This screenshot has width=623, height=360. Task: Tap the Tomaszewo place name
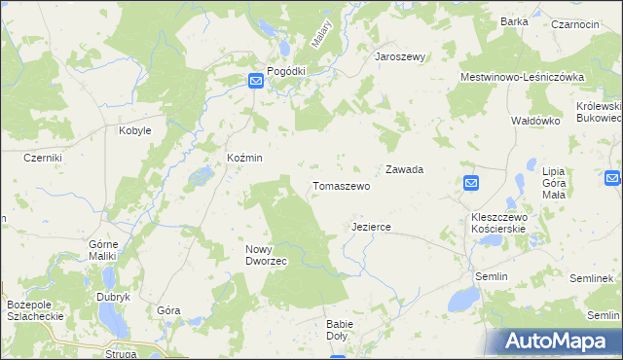341,185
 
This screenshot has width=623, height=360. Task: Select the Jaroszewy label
401,56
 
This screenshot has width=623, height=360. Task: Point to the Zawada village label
404,169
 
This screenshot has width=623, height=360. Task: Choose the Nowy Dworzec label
265,255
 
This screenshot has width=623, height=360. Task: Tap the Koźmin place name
244,158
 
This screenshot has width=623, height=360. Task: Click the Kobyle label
134,129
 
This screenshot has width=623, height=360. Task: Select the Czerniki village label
43,158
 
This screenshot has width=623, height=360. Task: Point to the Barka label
514,20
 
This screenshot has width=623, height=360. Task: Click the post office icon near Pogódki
255,83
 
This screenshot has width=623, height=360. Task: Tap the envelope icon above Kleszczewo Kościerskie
471,183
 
